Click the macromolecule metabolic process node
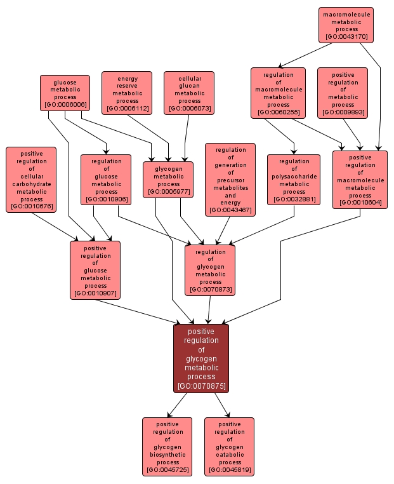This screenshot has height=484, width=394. tap(346, 25)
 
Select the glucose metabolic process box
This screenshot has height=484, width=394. tap(65, 93)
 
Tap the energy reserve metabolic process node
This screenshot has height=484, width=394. tap(127, 93)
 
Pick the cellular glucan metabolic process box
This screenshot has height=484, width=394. tap(189, 93)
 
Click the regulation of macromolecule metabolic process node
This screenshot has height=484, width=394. tap(278, 93)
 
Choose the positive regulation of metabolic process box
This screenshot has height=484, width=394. tap(343, 93)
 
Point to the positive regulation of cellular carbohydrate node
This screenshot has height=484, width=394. tap(31, 179)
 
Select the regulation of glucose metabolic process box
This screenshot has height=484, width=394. tap(106, 179)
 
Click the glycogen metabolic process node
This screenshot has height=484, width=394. tap(167, 179)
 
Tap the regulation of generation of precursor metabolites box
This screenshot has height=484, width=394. tap(230, 179)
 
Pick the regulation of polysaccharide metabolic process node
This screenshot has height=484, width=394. tap(294, 179)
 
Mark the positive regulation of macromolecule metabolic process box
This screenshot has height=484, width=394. tap(360, 179)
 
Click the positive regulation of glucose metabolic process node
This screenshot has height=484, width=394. tap(95, 270)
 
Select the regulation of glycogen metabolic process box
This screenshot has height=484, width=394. tap(210, 270)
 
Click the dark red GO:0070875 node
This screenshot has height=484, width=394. tap(201, 358)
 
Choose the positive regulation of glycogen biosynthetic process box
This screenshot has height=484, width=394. tap(167, 446)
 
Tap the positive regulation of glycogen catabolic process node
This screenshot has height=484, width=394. tap(229, 446)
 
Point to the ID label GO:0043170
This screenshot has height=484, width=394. tap(346, 37)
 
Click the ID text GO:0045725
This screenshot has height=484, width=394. tap(167, 470)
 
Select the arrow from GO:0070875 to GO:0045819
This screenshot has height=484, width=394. tap(221, 404)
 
